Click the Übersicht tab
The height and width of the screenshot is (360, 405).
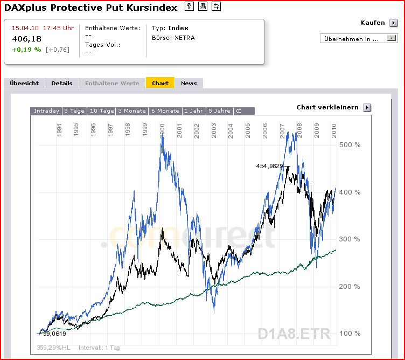click(24, 83)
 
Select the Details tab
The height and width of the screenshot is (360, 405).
click(62, 83)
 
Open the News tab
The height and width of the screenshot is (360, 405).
click(189, 83)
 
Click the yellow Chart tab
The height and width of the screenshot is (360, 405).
click(160, 83)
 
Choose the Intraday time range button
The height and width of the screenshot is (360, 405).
click(46, 111)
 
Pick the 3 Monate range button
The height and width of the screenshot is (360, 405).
click(132, 111)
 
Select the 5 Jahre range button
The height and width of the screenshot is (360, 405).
click(219, 111)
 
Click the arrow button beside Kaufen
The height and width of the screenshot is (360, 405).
click(394, 23)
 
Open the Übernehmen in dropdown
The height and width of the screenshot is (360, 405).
click(358, 38)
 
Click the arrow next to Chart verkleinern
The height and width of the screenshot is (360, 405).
click(367, 107)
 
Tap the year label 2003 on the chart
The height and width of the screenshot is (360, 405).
click(214, 131)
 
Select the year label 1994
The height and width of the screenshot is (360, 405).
click(59, 131)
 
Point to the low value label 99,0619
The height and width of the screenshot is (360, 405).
click(54, 333)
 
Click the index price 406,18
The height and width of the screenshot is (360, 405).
click(26, 39)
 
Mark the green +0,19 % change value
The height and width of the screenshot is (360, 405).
click(26, 50)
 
